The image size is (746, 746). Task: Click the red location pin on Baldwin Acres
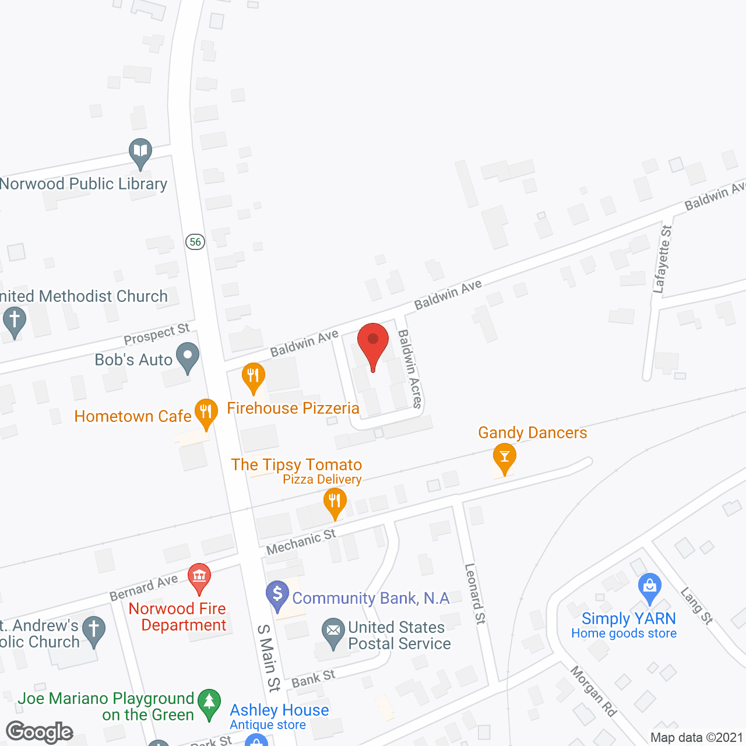click(373, 344)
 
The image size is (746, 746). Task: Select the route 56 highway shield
click(195, 241)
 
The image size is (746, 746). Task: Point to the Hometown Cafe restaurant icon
click(206, 413)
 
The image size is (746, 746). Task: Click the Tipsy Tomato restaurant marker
click(335, 501)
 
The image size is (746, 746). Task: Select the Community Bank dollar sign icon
click(277, 594)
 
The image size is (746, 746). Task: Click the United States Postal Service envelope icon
click(333, 632)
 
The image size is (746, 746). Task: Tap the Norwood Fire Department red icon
click(199, 576)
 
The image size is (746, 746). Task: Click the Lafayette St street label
click(663, 259)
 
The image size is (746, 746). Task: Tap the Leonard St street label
click(475, 593)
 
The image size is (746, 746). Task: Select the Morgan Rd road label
click(593, 691)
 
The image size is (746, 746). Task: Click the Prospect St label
click(157, 335)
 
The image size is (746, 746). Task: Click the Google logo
click(39, 732)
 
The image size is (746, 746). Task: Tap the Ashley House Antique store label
click(279, 716)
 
